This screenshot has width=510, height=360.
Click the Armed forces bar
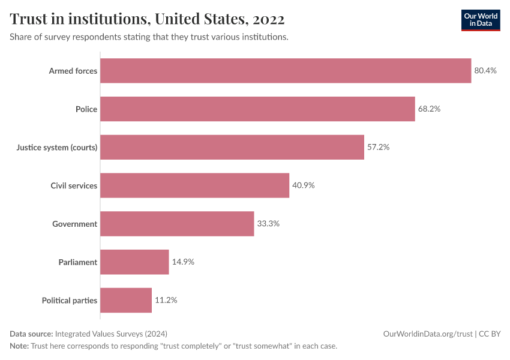coord(286,71)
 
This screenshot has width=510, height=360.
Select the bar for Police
coord(257,109)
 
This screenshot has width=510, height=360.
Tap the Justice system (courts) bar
coord(232,147)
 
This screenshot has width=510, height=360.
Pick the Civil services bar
coord(194,185)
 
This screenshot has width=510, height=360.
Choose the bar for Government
coord(177,224)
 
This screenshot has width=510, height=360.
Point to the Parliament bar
coord(134,262)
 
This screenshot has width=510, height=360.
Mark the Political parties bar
coord(126,300)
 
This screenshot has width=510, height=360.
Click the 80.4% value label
coord(485,71)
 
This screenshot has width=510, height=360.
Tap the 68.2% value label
coord(429,109)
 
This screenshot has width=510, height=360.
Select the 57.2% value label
coord(378,147)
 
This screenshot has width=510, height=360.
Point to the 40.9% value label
coord(304,185)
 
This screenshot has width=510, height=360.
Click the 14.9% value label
coord(183,262)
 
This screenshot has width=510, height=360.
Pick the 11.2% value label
coord(166,300)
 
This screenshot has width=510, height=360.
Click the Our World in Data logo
coord(480,20)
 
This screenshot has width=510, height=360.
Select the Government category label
coord(74,224)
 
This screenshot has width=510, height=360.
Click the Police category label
coord(86,109)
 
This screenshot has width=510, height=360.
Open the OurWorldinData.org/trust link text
coord(427,334)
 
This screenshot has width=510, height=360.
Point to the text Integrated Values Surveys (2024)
coord(111,334)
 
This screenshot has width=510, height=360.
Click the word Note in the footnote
coord(19,346)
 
